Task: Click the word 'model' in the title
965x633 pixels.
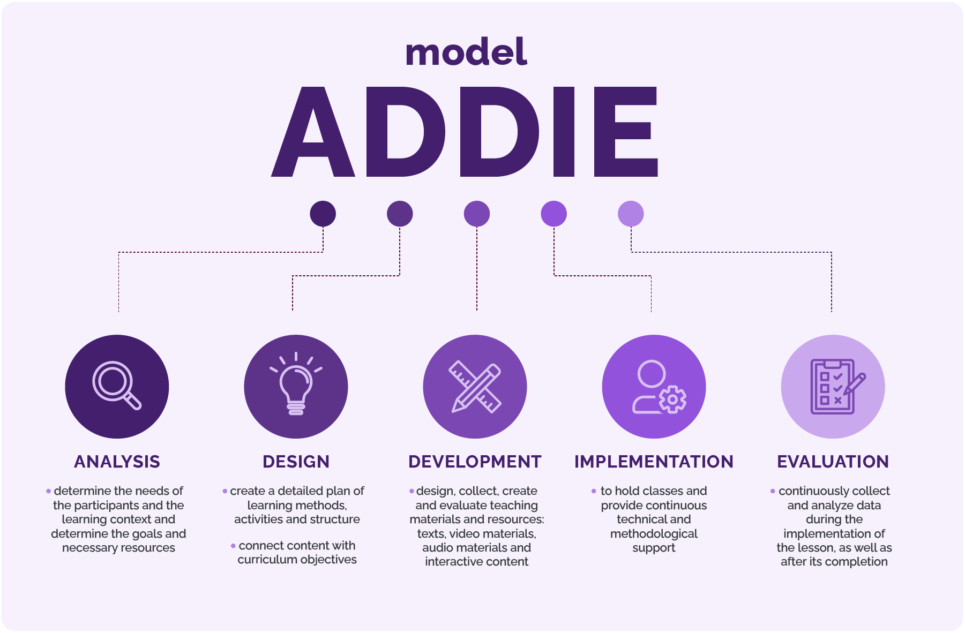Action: (x=466, y=52)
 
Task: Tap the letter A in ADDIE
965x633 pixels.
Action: (x=313, y=132)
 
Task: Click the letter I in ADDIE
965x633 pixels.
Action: (x=564, y=132)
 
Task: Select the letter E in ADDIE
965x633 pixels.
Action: (x=626, y=132)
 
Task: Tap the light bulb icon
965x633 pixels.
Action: (x=296, y=384)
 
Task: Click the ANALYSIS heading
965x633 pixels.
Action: (x=117, y=462)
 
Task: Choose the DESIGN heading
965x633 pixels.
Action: (x=296, y=462)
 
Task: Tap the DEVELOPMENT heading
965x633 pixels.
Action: (x=475, y=462)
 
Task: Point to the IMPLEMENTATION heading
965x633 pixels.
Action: (x=654, y=462)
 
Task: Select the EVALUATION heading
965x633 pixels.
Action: (x=833, y=462)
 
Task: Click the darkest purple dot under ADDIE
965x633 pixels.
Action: (x=323, y=214)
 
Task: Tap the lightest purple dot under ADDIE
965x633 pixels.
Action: (x=631, y=214)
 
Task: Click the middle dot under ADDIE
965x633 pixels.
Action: (x=477, y=214)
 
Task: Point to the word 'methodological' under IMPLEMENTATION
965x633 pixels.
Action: (x=654, y=534)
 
